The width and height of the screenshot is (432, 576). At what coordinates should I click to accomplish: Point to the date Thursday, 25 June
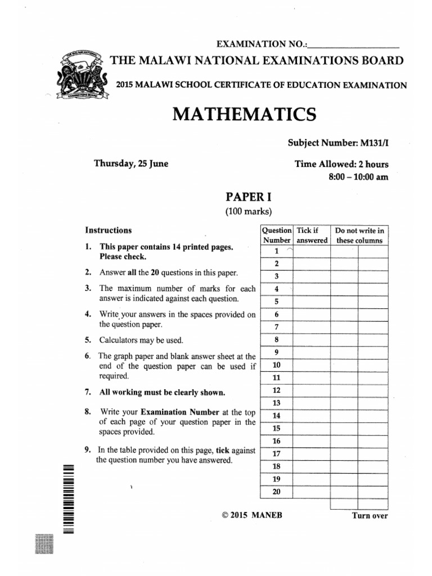point(131,164)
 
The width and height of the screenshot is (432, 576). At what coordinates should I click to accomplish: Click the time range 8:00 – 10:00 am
point(358,176)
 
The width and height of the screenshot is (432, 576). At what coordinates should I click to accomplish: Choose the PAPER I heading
point(240,197)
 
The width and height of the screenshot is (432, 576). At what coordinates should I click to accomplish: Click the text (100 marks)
point(240,211)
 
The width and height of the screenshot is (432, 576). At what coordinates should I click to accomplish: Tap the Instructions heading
point(109,230)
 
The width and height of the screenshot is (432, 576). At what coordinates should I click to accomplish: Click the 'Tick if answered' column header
point(312,235)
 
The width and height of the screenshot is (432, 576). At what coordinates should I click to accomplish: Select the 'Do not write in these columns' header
point(359,235)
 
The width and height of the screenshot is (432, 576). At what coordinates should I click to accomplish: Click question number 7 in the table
point(276,327)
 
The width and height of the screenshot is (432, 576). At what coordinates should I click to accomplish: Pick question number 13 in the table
point(276,403)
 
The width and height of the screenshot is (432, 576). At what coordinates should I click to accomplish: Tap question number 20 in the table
point(276,491)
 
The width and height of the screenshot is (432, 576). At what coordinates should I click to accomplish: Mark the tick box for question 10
point(312,365)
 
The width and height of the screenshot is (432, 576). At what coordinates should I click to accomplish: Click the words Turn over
point(370,515)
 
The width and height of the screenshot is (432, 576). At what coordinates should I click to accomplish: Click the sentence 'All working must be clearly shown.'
point(163,392)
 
